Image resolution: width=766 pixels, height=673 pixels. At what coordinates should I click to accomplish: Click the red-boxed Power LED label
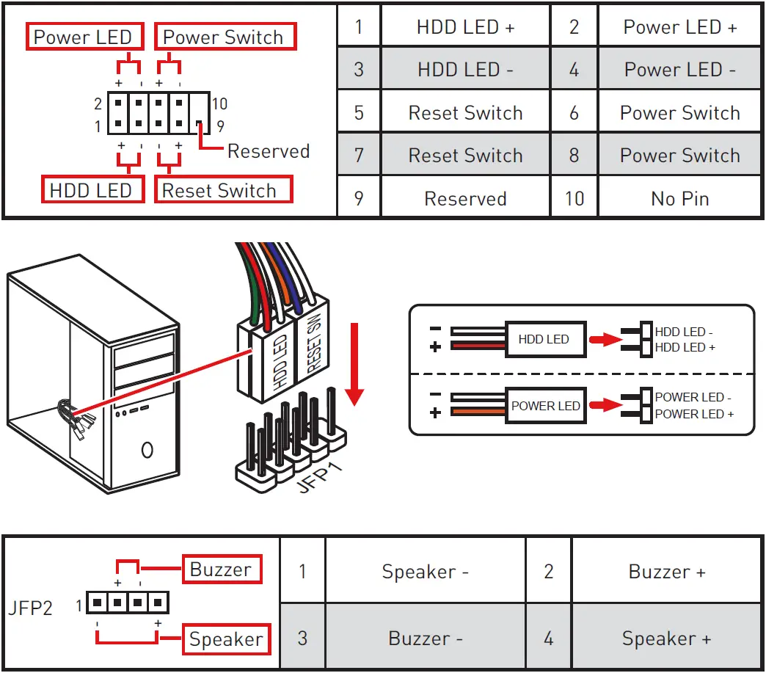coord(84,37)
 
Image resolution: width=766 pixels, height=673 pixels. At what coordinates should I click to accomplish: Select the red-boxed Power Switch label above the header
coord(225,37)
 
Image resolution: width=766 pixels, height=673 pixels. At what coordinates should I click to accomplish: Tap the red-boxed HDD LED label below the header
coord(93,189)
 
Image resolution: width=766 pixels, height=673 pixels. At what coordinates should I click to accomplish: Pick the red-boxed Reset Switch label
coord(223,189)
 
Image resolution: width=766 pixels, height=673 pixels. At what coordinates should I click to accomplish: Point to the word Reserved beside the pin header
coord(269,151)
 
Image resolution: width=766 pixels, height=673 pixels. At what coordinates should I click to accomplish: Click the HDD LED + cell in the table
coord(466,27)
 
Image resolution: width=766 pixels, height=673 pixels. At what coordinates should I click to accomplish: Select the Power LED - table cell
coord(679,70)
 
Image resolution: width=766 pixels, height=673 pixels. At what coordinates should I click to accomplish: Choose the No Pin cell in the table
coord(679,198)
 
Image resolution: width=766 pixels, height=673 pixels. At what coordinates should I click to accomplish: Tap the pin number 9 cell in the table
coord(359,198)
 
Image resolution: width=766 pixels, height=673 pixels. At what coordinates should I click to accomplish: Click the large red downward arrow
coord(354,364)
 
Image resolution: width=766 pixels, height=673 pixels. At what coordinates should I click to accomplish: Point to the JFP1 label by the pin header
coord(319,477)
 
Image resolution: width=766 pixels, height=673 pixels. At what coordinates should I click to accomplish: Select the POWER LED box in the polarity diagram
coord(545,406)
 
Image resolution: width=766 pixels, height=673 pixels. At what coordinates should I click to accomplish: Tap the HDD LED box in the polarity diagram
coord(545,339)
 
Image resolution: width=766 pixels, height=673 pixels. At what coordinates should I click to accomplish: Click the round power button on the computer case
coord(147,450)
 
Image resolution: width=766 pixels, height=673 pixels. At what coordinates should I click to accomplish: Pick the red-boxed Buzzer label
coord(222,569)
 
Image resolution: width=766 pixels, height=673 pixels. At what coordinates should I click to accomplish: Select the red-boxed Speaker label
coord(226,639)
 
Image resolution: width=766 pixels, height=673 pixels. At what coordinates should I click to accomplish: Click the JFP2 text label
coord(30,608)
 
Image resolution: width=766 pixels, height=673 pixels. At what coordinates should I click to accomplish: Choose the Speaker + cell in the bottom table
coord(666,638)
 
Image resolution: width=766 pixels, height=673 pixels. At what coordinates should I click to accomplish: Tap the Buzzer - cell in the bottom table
coord(425,638)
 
